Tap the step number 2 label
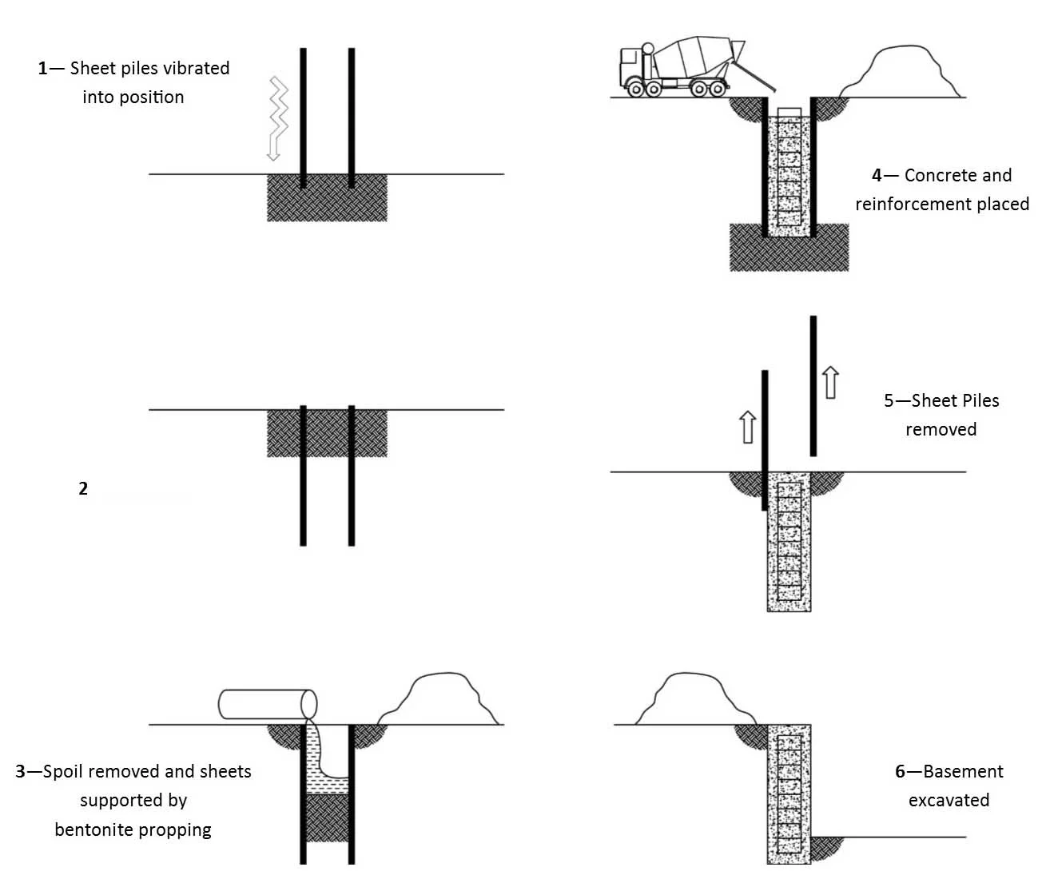(x=83, y=489)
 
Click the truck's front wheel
(x=636, y=89)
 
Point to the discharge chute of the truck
(x=754, y=80)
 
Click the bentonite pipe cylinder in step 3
(x=267, y=704)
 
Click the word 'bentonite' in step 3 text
(x=86, y=830)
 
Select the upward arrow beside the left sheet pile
(x=747, y=427)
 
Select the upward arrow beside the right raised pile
(x=831, y=383)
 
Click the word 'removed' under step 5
(x=941, y=430)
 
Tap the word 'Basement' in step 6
(x=963, y=772)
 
